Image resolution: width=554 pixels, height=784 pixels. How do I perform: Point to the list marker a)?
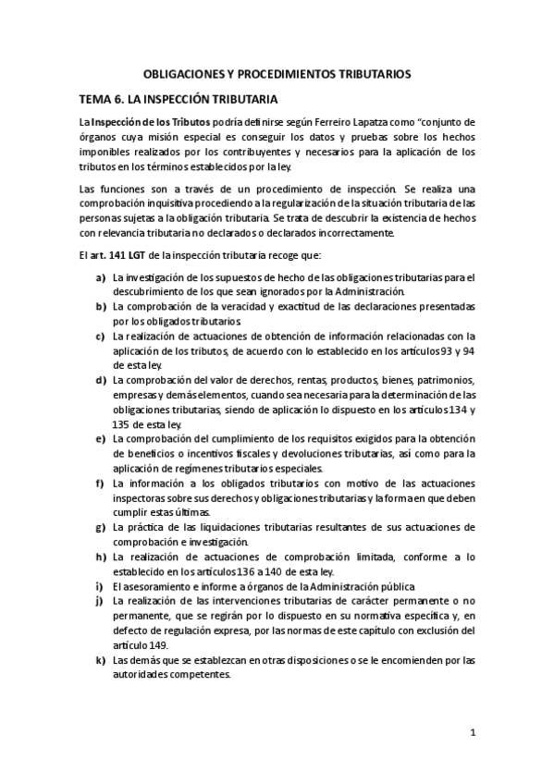click(100, 277)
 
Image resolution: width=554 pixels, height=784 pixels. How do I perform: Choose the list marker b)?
click(100, 306)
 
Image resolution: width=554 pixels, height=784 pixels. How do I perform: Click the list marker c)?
click(100, 336)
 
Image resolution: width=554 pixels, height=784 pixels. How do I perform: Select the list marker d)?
click(100, 380)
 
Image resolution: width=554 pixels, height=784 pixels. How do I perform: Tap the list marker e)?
click(100, 438)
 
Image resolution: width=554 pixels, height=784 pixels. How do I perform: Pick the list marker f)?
click(100, 483)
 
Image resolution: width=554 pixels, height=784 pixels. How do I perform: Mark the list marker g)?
click(100, 527)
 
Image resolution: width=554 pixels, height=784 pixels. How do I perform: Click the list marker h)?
click(100, 557)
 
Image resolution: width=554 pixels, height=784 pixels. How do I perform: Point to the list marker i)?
click(99, 586)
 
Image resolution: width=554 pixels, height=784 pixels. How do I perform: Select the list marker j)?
click(99, 601)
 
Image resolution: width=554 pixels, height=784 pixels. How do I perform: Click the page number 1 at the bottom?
click(472, 734)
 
